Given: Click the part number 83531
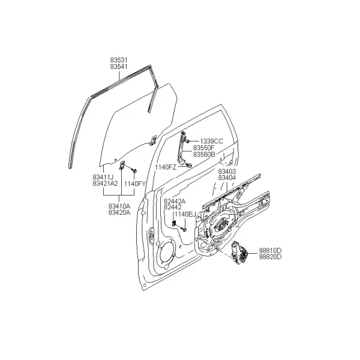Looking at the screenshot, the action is (119, 60).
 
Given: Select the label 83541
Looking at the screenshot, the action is (119, 67).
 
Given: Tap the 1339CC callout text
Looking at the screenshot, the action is (211, 141).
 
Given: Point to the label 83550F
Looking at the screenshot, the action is (203, 148).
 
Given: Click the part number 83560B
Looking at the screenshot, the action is (204, 155).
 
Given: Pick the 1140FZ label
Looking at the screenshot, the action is (166, 167).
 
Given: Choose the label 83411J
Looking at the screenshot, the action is (103, 177).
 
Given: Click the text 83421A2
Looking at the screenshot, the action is (106, 184).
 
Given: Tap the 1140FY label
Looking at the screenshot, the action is (135, 184).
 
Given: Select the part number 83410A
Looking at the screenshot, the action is (119, 206).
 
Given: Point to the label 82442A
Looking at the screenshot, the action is (175, 201).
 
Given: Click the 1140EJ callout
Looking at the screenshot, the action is (185, 214).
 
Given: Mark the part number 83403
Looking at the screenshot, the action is (227, 171).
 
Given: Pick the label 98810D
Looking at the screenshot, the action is (270, 250).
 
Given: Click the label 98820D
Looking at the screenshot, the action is (270, 257).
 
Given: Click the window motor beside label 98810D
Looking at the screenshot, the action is (239, 253).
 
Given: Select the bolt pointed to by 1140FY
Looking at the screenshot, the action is (134, 170).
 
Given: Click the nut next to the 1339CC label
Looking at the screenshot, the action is (188, 141).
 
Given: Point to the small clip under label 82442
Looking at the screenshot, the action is (174, 223).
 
